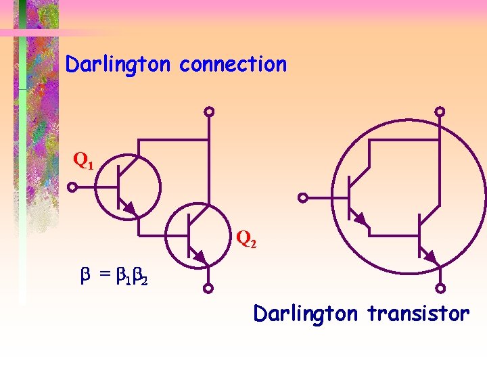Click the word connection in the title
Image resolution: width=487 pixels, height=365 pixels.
[233, 65]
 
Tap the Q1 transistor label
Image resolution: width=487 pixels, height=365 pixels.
[84, 162]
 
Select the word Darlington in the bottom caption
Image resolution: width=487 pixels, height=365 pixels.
[305, 314]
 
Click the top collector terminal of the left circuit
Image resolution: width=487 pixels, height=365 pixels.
[210, 112]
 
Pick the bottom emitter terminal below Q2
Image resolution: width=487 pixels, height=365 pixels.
[209, 289]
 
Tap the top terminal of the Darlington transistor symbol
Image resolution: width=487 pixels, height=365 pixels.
[440, 112]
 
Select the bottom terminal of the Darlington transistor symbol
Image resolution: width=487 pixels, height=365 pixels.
[440, 289]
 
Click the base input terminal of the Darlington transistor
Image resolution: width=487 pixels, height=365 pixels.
[304, 198]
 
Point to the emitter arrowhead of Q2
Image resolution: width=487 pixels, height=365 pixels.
[200, 257]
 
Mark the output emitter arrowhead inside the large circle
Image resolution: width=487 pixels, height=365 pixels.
[430, 256]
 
